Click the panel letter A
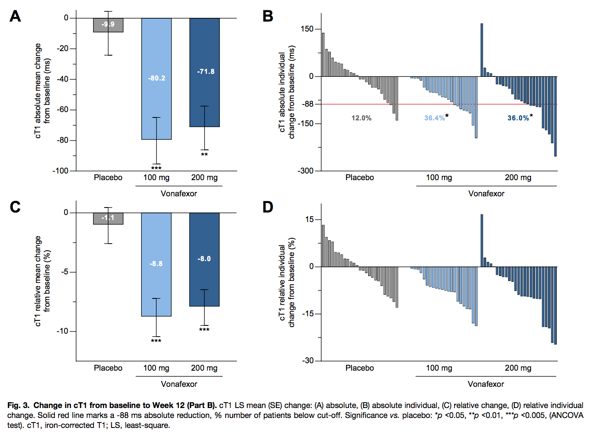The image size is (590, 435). click(15, 16)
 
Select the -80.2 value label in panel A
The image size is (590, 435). click(157, 78)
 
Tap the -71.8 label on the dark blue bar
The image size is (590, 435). click(206, 71)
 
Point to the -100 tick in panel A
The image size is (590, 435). click(60, 171)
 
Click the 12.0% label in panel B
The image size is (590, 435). click(361, 118)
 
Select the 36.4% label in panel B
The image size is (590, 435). click(435, 118)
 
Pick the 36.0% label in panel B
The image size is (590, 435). click(518, 118)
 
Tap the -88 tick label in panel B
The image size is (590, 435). click(307, 104)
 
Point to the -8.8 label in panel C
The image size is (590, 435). click(156, 264)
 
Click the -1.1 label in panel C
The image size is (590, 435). click(108, 218)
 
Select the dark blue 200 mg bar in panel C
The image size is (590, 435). click(204, 274)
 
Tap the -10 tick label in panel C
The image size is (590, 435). click(62, 331)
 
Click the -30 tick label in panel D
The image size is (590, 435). click(308, 360)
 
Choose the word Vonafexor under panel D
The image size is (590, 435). click(486, 384)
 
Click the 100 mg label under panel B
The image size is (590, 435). click(439, 177)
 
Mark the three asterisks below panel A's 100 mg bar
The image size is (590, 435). click(156, 168)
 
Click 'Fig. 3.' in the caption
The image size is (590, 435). click(18, 405)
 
